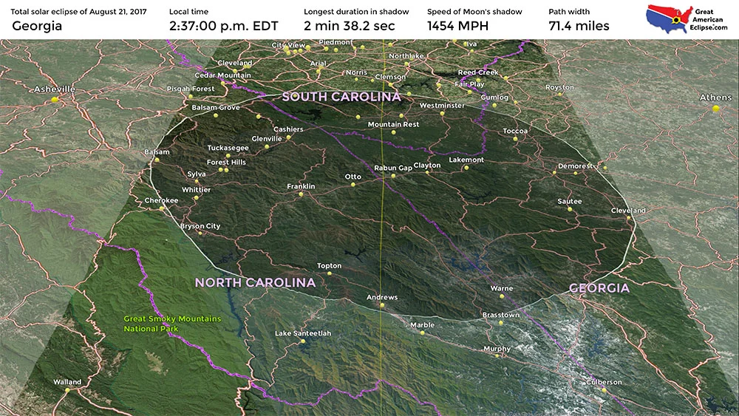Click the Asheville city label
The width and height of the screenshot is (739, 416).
[x=55, y=89]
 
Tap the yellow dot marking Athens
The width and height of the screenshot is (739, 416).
[x=716, y=109]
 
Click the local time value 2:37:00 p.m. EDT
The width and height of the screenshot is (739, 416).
[x=223, y=26]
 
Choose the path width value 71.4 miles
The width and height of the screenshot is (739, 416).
[x=579, y=26]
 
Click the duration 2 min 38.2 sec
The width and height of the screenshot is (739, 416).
[x=350, y=26]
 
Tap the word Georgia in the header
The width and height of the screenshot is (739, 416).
[x=37, y=26]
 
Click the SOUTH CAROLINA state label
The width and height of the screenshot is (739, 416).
[x=341, y=97]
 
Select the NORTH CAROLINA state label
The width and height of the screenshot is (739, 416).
[x=255, y=282]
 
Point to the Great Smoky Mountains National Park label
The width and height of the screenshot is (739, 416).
[x=172, y=324]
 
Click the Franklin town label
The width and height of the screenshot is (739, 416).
[x=301, y=186]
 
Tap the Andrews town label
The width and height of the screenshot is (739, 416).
[x=382, y=297]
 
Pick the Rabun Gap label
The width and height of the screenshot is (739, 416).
[x=393, y=168]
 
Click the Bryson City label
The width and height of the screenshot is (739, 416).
[x=200, y=226]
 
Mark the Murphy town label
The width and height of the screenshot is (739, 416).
[x=497, y=349]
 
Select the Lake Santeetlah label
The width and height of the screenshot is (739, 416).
[x=303, y=333]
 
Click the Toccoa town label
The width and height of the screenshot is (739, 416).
[x=516, y=131]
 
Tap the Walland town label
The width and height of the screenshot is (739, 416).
[x=67, y=382]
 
